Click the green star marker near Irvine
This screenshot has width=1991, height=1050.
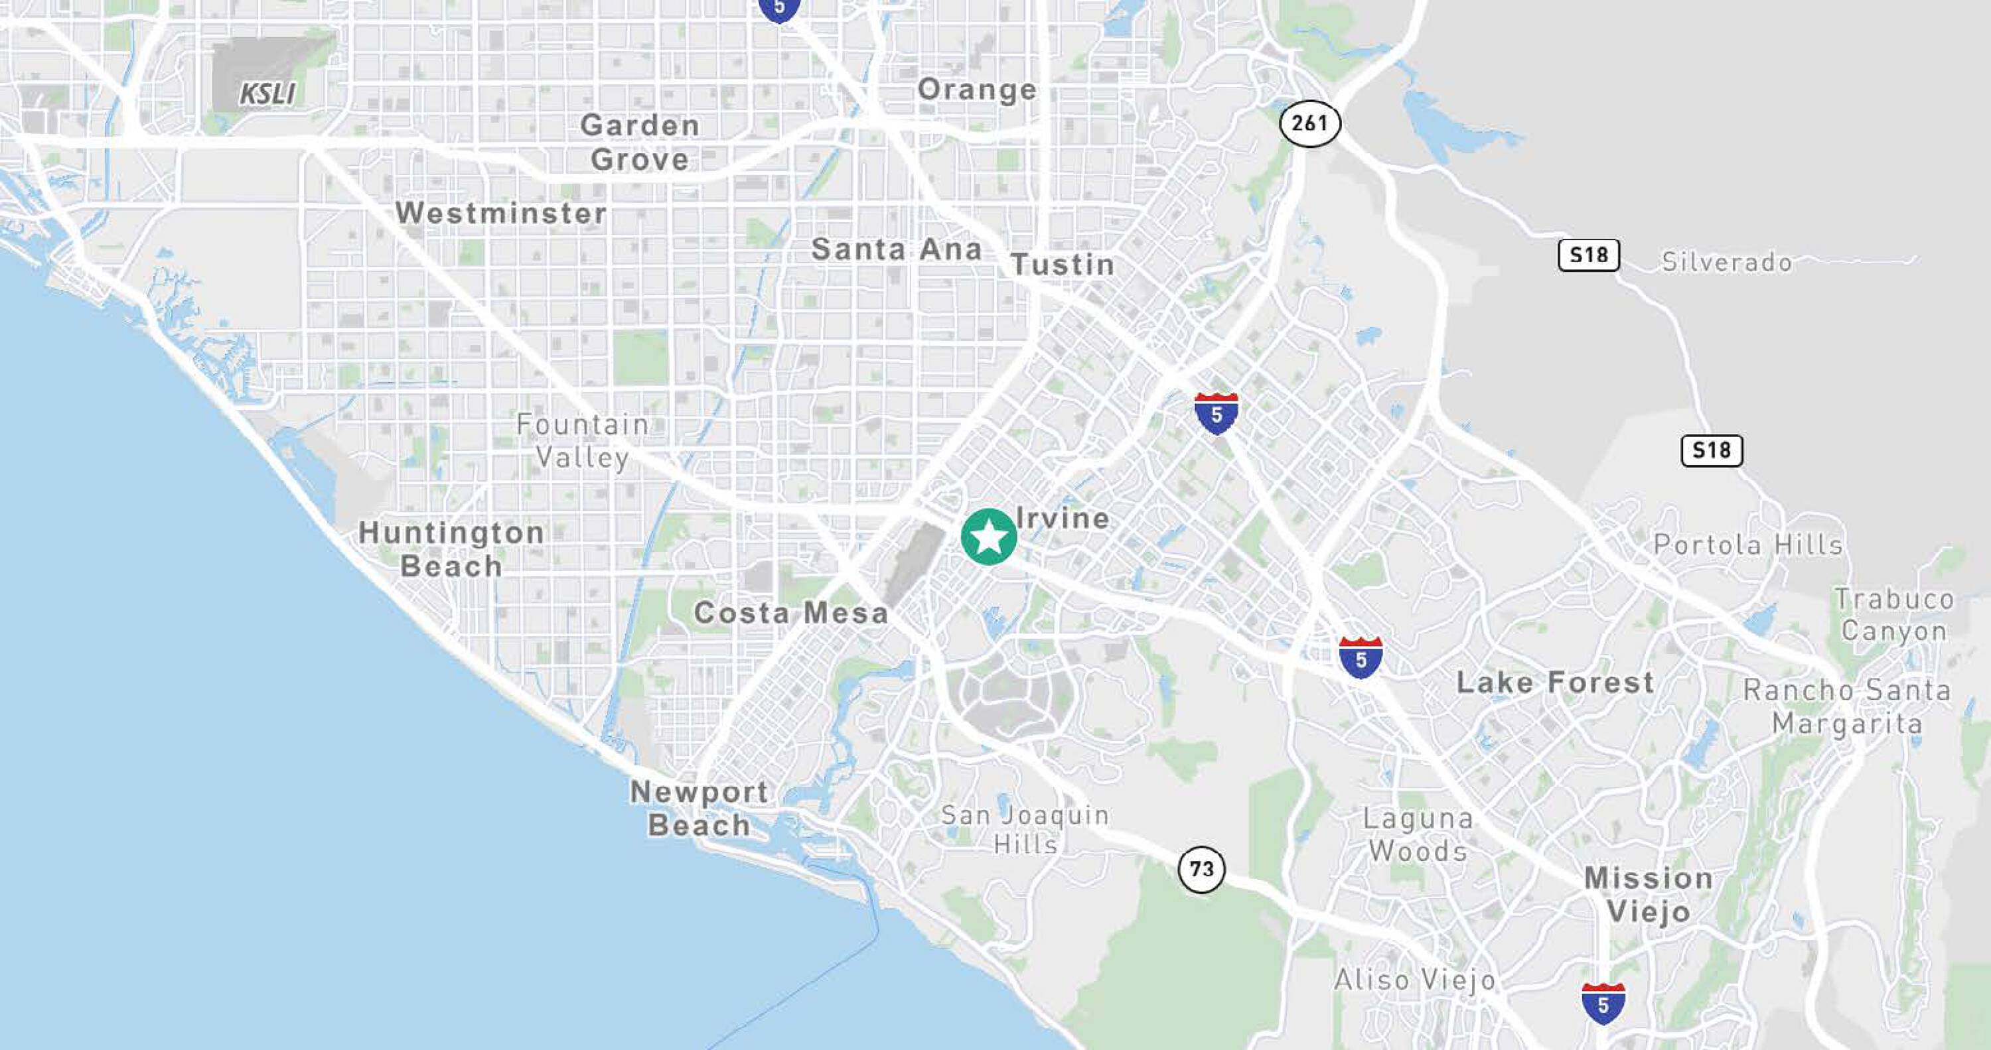point(989,537)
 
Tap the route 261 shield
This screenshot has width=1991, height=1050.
point(1309,123)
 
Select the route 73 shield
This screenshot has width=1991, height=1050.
point(1201,869)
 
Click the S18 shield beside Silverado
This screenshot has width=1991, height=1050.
point(1588,255)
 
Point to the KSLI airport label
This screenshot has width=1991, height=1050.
point(267,94)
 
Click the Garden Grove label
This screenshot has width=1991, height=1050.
point(640,142)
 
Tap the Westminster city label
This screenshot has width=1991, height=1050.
point(501,213)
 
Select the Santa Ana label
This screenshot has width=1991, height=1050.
point(897,249)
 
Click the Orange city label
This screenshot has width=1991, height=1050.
point(977,89)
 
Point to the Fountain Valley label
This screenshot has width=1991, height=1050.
point(583,440)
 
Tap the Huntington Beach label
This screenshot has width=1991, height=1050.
point(451,549)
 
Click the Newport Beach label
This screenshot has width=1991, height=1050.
point(700,808)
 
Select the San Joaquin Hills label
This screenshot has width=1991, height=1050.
point(1025,829)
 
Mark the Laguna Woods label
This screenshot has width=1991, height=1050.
point(1418,834)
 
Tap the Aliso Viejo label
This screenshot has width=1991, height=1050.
point(1414,980)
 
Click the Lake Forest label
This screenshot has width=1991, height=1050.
point(1555,683)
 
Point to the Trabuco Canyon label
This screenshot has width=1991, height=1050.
point(1894,615)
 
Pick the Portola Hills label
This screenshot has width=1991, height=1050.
point(1748,545)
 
